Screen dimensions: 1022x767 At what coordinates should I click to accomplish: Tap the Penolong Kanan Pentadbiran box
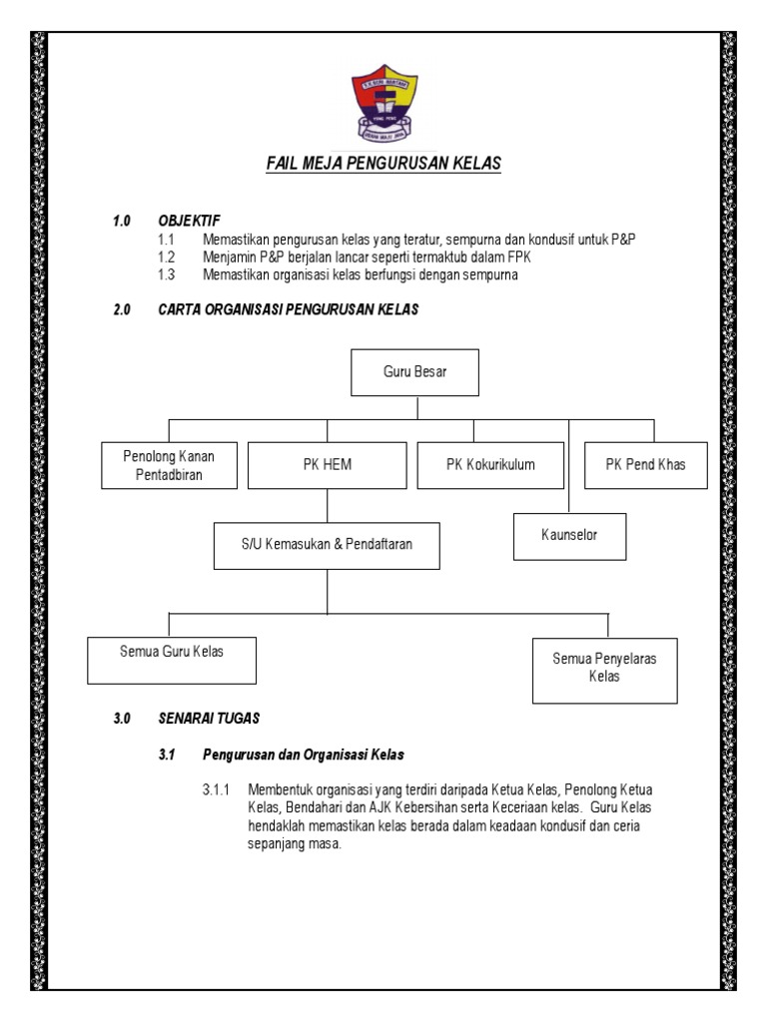click(x=169, y=465)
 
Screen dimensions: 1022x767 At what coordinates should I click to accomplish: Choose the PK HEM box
click(x=328, y=465)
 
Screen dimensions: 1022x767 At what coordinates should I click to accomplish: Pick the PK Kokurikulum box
click(x=490, y=465)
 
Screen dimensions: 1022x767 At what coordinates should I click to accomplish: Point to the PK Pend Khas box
click(x=645, y=465)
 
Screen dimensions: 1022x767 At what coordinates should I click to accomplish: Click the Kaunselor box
click(x=569, y=536)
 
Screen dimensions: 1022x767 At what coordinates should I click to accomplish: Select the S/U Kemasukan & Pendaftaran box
click(x=328, y=544)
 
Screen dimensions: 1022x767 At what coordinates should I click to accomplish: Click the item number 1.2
click(x=166, y=256)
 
